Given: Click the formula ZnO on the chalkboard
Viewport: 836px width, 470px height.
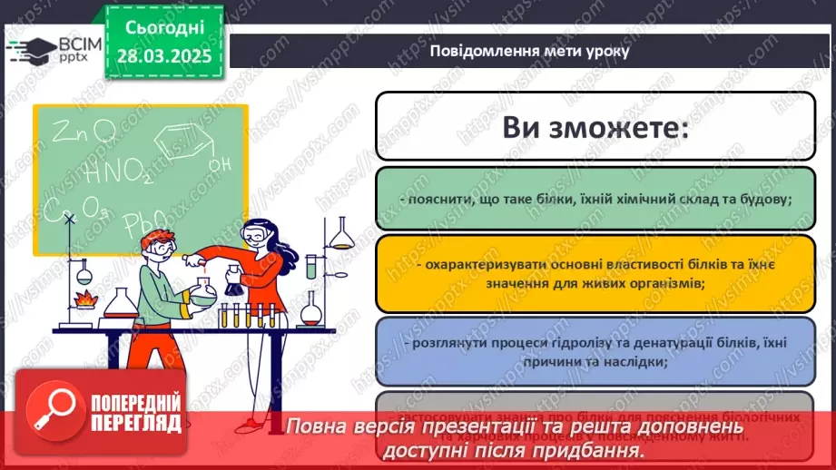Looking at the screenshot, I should pyautogui.click(x=84, y=133).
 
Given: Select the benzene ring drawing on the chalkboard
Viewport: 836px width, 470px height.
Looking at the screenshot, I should pyautogui.click(x=178, y=142).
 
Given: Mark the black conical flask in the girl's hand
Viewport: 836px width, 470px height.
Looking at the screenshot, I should pyautogui.click(x=232, y=284).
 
